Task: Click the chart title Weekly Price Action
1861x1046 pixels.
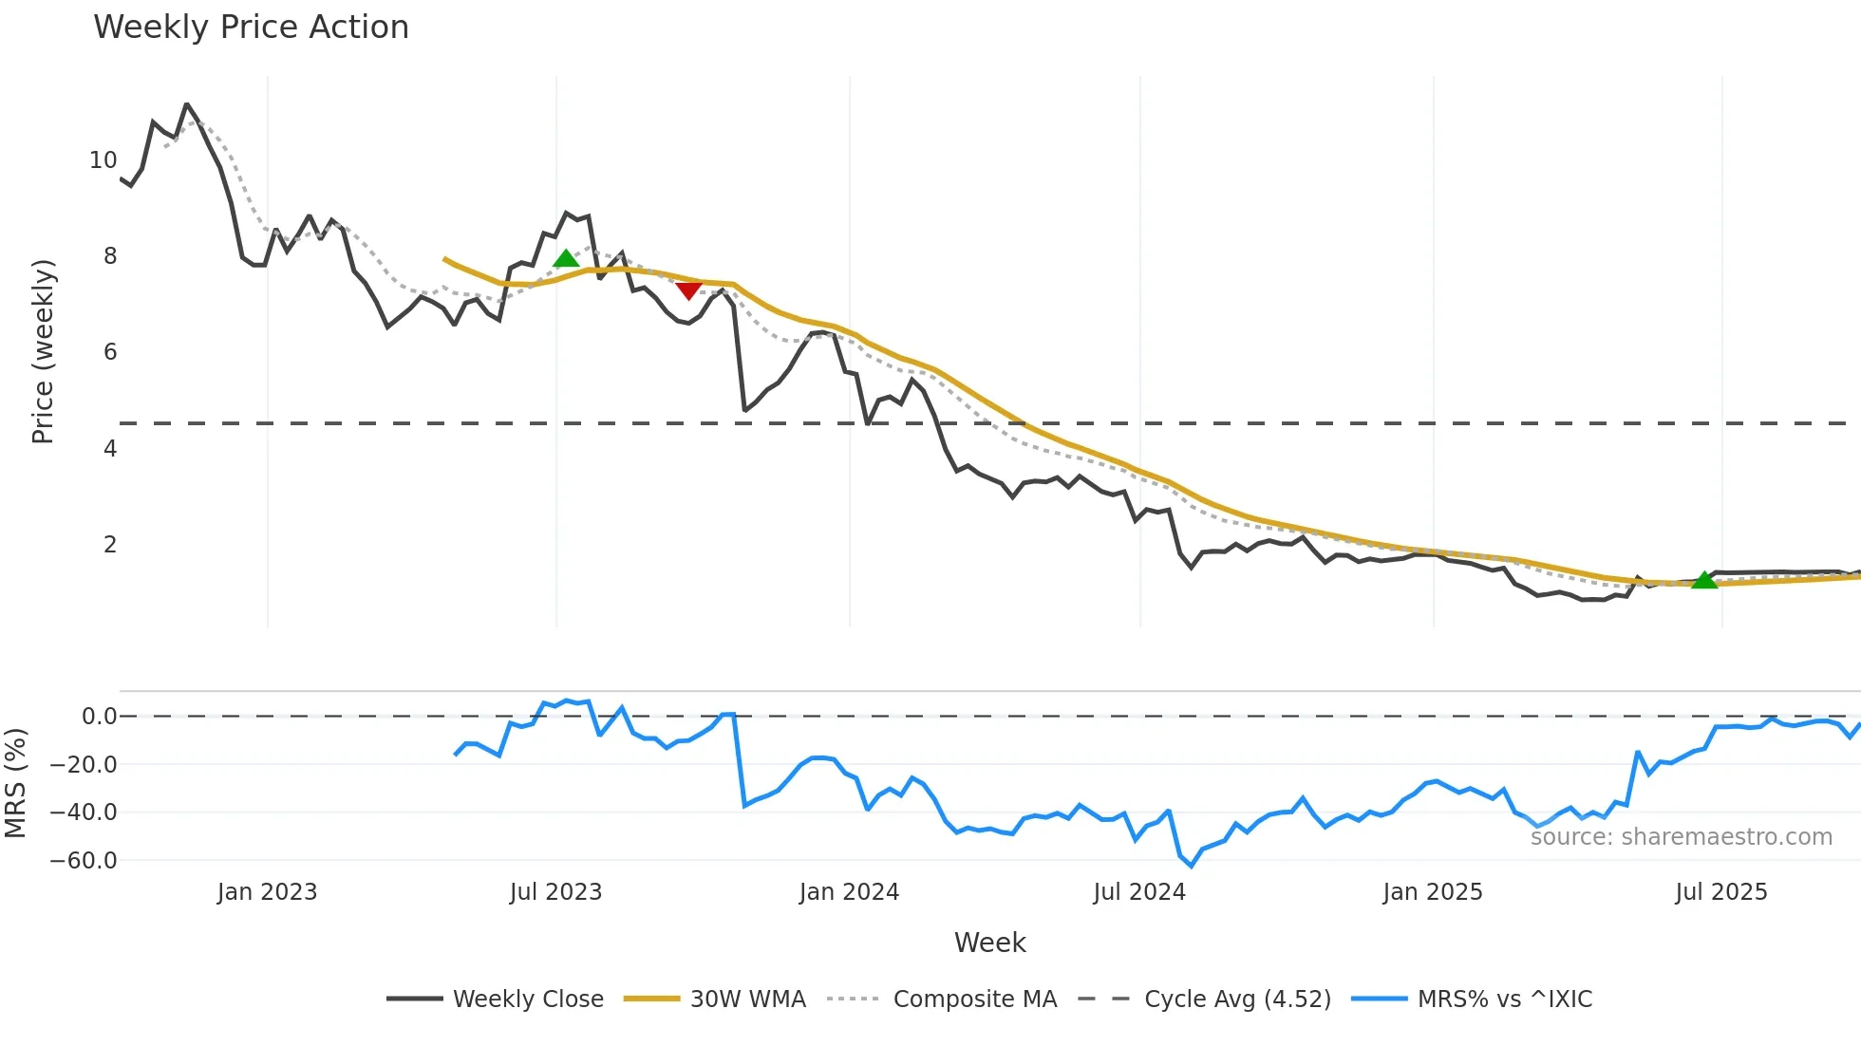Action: coord(251,28)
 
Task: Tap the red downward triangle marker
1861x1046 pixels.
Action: coord(688,290)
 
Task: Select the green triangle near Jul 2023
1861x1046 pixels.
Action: coord(566,258)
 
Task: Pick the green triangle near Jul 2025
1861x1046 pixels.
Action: coord(1704,580)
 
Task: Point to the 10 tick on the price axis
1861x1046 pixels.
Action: coord(103,160)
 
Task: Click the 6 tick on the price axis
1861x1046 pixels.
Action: coord(110,352)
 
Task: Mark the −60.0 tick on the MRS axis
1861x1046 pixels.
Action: coord(84,861)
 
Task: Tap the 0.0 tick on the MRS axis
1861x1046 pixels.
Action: coord(99,717)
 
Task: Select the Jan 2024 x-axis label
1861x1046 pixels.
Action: coord(849,892)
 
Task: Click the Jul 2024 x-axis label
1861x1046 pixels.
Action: coord(1139,892)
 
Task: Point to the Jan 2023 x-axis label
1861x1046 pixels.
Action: coord(267,892)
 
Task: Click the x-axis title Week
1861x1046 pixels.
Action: coord(989,943)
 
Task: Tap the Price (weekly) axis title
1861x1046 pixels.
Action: coord(43,351)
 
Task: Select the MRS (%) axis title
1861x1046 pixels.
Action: coord(15,783)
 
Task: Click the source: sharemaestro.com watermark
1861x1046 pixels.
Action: coord(1681,837)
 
